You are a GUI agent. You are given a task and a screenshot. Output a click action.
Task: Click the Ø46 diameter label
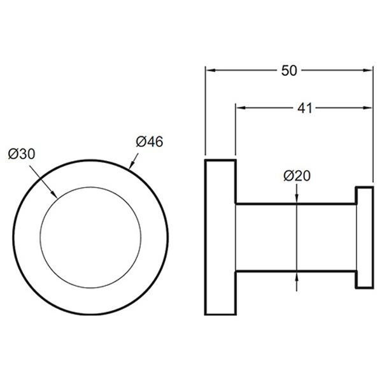click(150, 142)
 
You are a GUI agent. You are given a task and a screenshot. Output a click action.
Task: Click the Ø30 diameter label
click(22, 154)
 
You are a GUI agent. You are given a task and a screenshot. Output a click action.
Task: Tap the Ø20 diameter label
click(297, 176)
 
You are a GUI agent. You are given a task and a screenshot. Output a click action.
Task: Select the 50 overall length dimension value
click(289, 71)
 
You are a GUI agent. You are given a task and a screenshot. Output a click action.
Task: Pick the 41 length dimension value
click(305, 108)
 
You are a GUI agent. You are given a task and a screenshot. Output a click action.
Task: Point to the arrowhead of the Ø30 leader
click(54, 194)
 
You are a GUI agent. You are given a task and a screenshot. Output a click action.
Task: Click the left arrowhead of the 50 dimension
click(211, 71)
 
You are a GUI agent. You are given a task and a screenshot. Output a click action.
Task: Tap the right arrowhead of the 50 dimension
click(367, 71)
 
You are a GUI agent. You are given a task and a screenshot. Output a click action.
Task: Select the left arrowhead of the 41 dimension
click(241, 108)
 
